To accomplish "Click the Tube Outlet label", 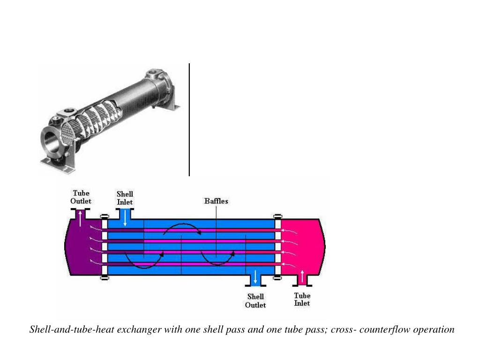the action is [81, 197].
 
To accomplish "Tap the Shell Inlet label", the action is [125, 198].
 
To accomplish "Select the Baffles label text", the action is [216, 201].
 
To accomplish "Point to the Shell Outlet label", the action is [255, 300].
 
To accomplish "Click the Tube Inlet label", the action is [302, 300].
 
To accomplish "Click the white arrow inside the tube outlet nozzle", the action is [81, 218].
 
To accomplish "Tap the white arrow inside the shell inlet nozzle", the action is [125, 218].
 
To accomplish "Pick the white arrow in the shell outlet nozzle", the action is [255, 277].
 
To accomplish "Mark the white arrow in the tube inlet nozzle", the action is [302, 277].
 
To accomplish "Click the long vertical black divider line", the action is [189, 120].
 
